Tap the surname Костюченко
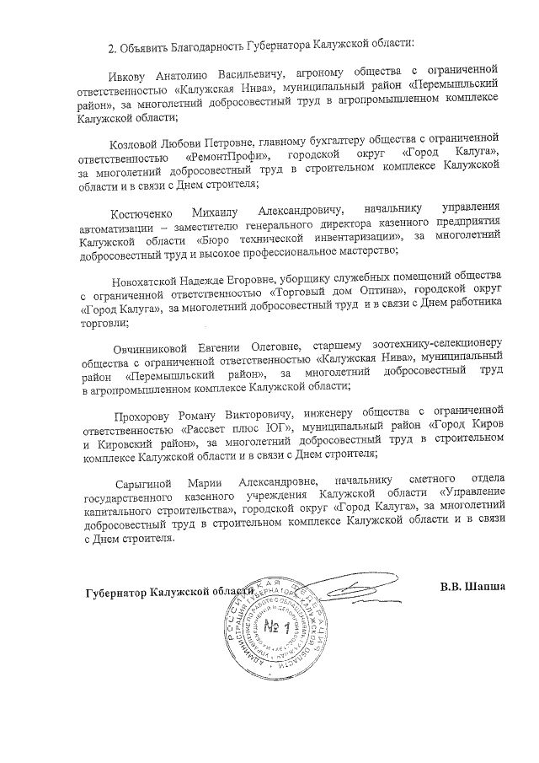click(145, 208)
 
